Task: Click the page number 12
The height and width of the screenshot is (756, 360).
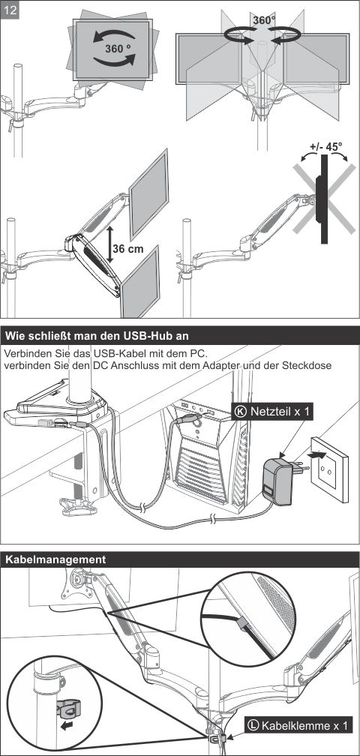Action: coord(10,10)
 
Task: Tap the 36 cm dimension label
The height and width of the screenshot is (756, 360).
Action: coord(128,249)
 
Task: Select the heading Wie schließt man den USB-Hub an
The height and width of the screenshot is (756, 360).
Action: coord(97,335)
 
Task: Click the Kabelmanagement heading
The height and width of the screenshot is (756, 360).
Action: coord(55,559)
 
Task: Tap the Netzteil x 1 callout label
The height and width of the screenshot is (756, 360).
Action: coord(273,411)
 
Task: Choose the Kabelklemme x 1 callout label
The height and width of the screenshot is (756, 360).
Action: coord(297,724)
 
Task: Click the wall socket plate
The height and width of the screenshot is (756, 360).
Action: coord(330,469)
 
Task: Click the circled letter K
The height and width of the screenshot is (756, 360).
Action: coord(241,411)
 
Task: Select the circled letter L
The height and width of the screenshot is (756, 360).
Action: coord(253,724)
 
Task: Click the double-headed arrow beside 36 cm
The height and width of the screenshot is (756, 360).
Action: coord(110,245)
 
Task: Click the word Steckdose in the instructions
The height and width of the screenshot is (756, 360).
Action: coord(308,365)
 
